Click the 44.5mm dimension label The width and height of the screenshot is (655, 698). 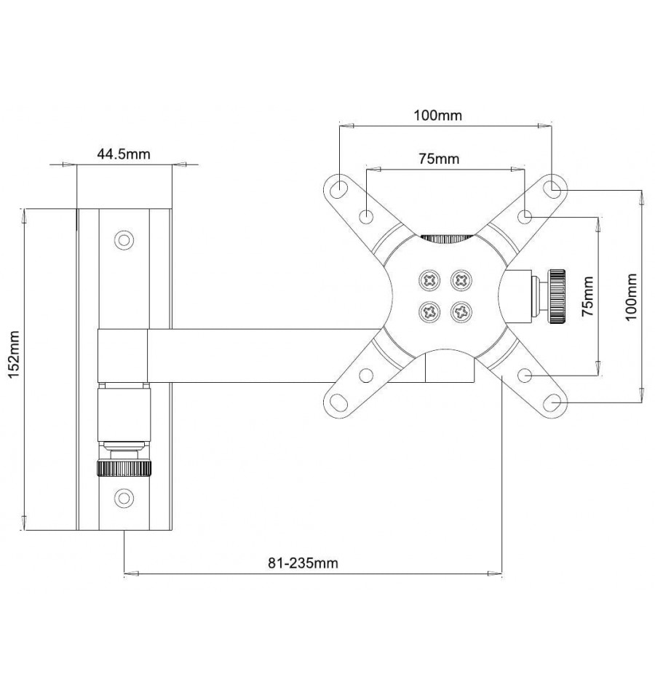[124, 154]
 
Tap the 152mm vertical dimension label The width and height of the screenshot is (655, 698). [15, 354]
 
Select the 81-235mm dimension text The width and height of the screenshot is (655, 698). [303, 563]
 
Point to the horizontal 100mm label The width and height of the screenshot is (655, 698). [438, 115]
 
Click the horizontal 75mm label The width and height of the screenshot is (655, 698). [439, 159]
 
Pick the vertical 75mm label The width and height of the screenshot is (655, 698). [588, 296]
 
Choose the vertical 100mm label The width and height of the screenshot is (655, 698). [631, 296]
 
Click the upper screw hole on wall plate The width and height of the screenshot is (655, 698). [124, 240]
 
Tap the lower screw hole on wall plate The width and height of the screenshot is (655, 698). [124, 499]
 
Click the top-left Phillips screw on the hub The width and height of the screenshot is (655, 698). [429, 280]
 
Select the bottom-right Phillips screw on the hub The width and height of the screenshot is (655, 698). [461, 312]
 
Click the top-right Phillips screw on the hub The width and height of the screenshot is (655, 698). [461, 280]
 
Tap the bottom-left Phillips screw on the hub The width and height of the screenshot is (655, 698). [429, 312]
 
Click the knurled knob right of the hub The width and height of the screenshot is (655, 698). [557, 296]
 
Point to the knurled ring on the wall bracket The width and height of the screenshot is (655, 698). [124, 469]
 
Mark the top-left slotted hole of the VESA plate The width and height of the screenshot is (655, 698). [339, 187]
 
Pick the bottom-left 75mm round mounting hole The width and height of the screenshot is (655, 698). [366, 376]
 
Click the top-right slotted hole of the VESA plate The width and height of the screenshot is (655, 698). [552, 188]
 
